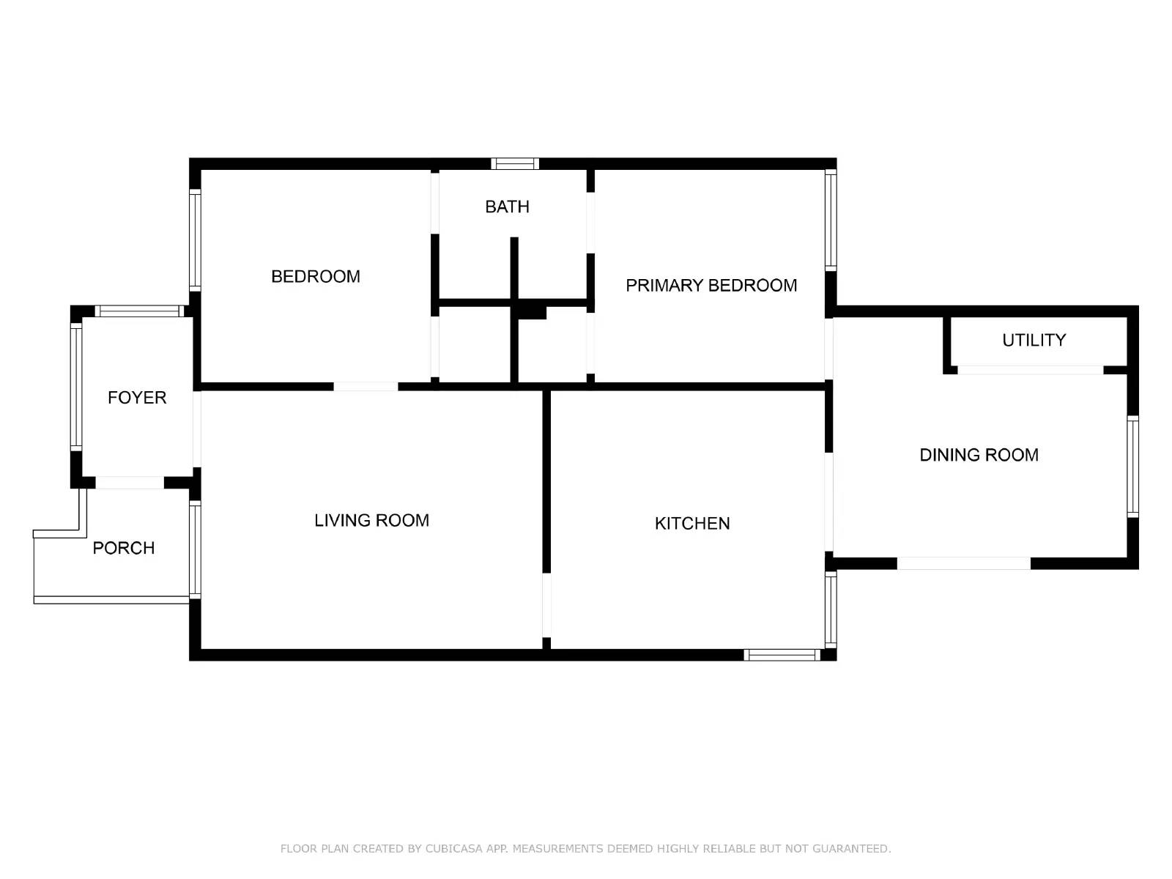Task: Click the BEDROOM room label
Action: coord(316,276)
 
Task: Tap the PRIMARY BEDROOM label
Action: coord(711,286)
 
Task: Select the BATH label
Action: coord(507,207)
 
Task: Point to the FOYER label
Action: coord(137,398)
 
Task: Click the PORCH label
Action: coord(124,548)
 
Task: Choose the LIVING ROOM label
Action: coord(371,520)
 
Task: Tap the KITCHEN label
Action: coord(692,524)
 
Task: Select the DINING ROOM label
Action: coord(979,455)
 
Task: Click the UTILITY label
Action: coord(1034,340)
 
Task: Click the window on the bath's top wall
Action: coord(515,163)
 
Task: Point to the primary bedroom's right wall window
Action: coord(831,220)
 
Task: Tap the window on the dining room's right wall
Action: coord(1133,467)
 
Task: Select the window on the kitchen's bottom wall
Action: coord(782,655)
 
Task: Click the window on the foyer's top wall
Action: coord(139,311)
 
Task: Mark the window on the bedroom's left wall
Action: coord(195,240)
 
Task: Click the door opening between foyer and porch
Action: coord(130,483)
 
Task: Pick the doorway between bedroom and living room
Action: coord(366,387)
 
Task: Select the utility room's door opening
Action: coord(1030,370)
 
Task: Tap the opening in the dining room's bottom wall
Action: coord(964,563)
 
